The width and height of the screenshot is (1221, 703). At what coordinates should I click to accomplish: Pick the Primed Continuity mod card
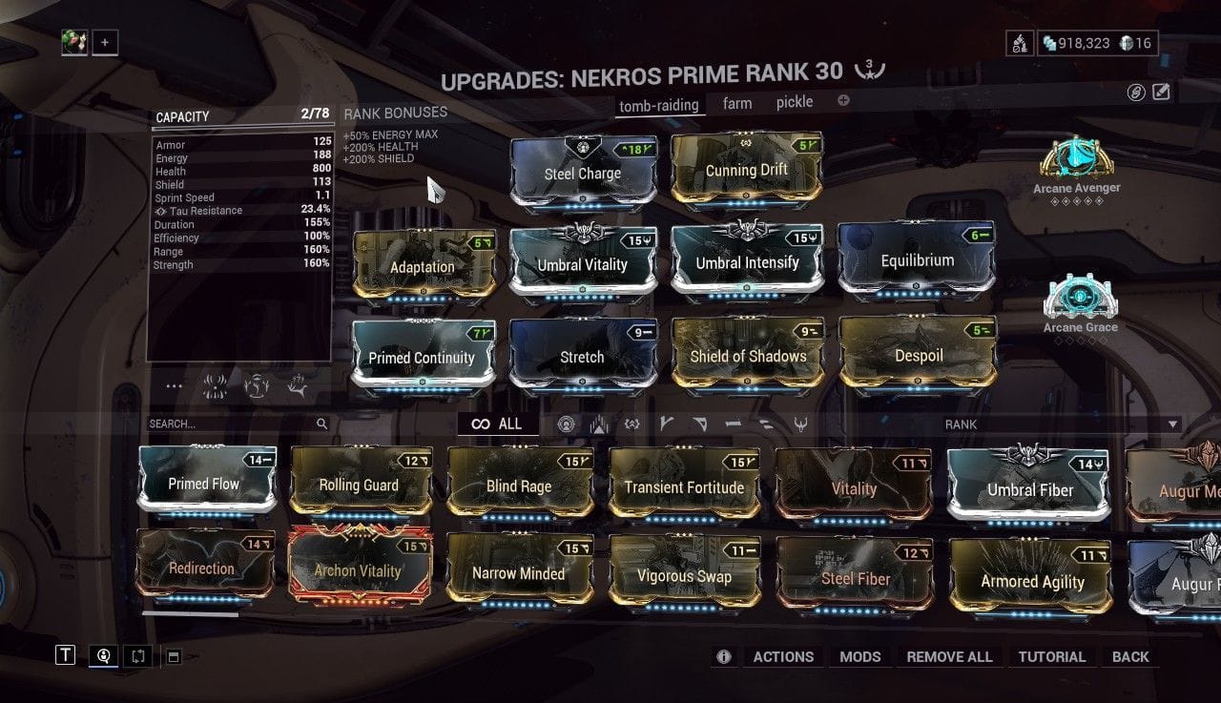coord(423,356)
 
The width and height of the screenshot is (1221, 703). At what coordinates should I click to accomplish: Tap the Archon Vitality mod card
coord(359,569)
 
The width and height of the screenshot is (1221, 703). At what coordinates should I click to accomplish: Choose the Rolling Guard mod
coord(360,484)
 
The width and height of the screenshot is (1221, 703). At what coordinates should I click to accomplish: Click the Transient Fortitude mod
coord(683,486)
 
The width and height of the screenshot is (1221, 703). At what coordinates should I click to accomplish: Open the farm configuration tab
coord(737,103)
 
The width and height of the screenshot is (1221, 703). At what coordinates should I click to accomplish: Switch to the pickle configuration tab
coord(795,102)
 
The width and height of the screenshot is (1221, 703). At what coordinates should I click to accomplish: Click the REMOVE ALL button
coord(949,656)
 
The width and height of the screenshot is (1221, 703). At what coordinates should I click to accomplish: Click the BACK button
coord(1130,656)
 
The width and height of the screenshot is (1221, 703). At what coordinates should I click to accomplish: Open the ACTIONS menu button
coord(783,656)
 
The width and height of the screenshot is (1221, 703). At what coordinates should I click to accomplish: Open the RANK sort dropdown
coord(1059,424)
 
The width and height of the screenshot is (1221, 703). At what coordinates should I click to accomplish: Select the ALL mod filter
coord(498,424)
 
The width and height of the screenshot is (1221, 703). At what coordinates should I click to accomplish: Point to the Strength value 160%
coord(316,263)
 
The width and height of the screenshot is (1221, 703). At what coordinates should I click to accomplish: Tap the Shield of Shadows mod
coord(749,356)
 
